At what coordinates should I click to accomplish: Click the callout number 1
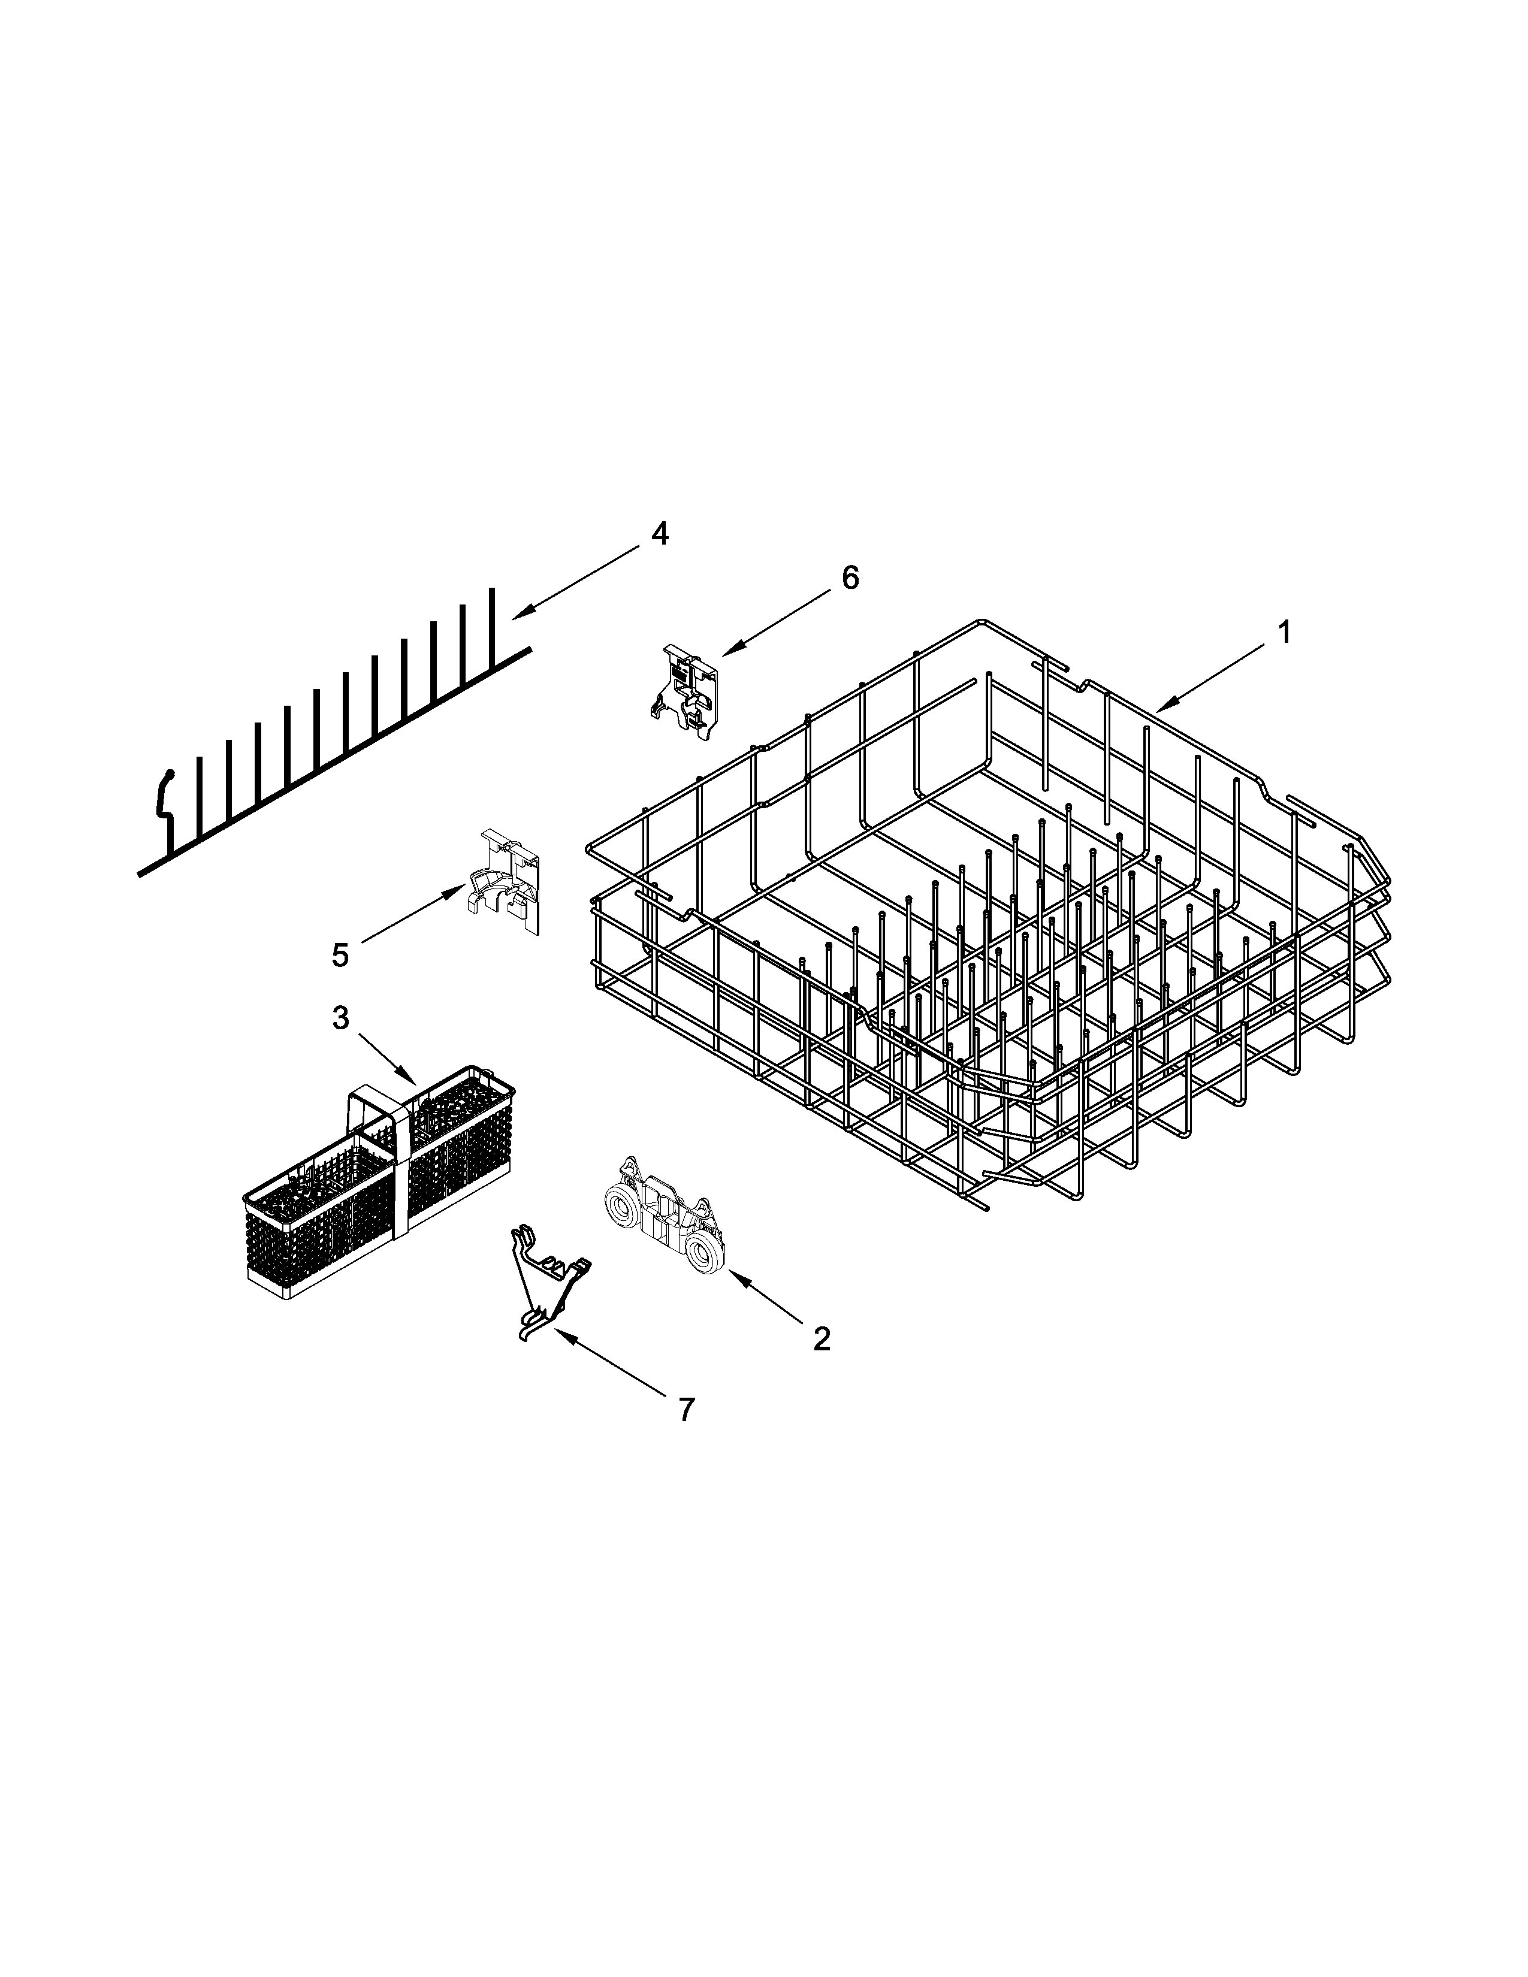(1284, 633)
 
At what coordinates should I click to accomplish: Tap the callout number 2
(821, 1338)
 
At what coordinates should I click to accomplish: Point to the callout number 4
(660, 534)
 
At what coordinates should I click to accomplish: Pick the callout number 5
(339, 954)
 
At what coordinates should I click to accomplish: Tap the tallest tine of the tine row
(493, 625)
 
